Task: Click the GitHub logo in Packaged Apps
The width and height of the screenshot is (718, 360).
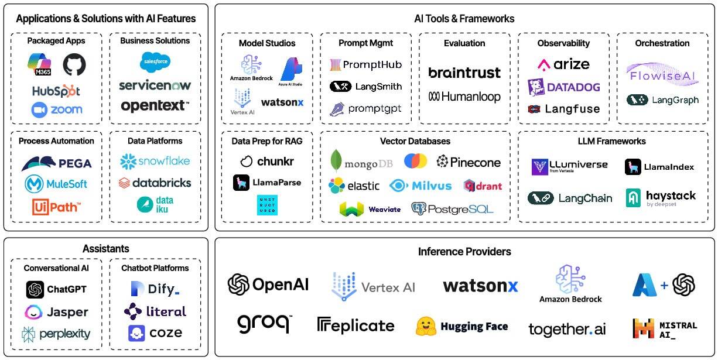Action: (x=74, y=64)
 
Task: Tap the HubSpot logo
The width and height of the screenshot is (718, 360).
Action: (x=56, y=91)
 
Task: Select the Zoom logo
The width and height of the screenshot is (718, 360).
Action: (x=56, y=109)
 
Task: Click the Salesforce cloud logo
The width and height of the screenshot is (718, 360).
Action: (x=155, y=61)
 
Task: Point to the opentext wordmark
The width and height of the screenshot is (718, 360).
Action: (x=155, y=106)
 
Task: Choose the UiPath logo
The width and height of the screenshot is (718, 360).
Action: (x=56, y=206)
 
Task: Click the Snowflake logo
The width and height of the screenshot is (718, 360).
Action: (x=155, y=161)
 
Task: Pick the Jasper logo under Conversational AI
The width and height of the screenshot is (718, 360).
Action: (x=56, y=312)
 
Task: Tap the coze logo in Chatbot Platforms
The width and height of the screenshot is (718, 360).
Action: (x=155, y=333)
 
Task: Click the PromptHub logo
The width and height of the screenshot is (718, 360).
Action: (x=365, y=64)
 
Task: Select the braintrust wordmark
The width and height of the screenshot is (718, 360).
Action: (x=464, y=73)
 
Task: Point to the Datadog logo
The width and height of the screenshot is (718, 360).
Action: (x=563, y=87)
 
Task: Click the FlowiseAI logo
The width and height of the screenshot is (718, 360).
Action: (x=662, y=74)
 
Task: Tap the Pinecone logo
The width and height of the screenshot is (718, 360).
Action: (x=468, y=162)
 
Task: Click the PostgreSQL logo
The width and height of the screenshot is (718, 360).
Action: (x=452, y=208)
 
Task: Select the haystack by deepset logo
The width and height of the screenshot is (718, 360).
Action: (x=661, y=198)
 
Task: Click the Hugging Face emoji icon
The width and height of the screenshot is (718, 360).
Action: (x=426, y=326)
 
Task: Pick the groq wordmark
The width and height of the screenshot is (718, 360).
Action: (x=264, y=323)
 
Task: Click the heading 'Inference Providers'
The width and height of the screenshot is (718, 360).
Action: (x=464, y=252)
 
